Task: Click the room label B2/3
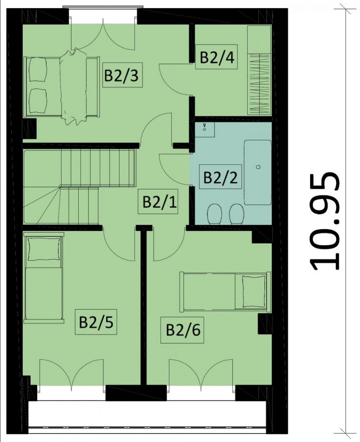pyautogui.click(x=122, y=75)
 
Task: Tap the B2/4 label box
pyautogui.click(x=216, y=57)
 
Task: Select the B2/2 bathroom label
pyautogui.click(x=220, y=177)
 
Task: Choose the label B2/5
pyautogui.click(x=96, y=322)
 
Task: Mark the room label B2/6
pyautogui.click(x=183, y=330)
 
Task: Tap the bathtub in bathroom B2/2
pyautogui.click(x=258, y=172)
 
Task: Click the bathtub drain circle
pyautogui.click(x=258, y=167)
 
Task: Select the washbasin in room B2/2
pyautogui.click(x=205, y=130)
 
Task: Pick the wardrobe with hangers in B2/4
pyautogui.click(x=259, y=70)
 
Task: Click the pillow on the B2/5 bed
pyautogui.click(x=44, y=249)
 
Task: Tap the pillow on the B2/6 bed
pyautogui.click(x=254, y=292)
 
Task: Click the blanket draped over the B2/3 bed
pyautogui.click(x=74, y=86)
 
